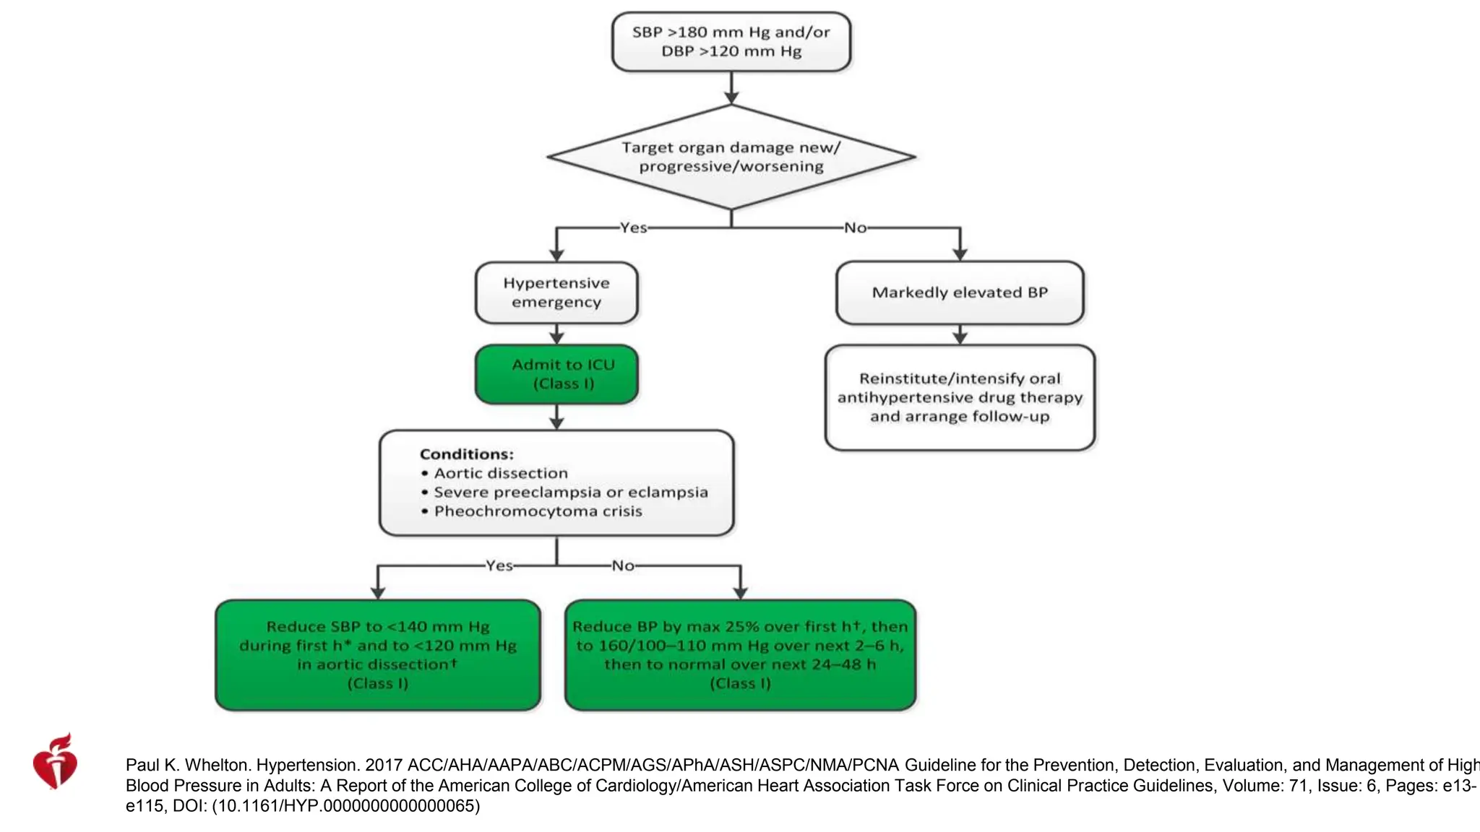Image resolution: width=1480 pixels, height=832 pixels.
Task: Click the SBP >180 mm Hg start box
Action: [731, 42]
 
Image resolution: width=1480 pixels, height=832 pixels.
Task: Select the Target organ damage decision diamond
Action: [731, 157]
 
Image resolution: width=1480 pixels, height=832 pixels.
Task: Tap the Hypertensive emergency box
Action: [556, 292]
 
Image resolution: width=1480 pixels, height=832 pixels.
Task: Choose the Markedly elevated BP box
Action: [959, 292]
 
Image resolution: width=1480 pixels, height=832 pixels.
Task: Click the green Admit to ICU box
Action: [556, 374]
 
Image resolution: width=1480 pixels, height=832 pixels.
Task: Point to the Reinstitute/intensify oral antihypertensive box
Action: [959, 397]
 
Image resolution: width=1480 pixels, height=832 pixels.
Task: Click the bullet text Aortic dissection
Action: [500, 473]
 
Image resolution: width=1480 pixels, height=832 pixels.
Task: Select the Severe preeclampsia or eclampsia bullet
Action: [570, 492]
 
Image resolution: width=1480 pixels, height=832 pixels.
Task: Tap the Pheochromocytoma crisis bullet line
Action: [538, 511]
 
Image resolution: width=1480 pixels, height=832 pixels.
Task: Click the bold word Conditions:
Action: [466, 454]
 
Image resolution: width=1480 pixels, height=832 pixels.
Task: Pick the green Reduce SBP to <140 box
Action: [378, 654]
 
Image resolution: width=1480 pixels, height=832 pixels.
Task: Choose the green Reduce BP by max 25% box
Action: [740, 654]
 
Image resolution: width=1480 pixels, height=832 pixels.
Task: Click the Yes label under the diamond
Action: [633, 227]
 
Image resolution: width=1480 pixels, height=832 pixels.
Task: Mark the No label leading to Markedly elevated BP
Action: [855, 227]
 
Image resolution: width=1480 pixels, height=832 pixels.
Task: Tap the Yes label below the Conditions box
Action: [499, 565]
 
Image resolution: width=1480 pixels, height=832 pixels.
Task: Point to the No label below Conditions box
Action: [623, 565]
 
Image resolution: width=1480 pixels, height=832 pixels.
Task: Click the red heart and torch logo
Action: [55, 762]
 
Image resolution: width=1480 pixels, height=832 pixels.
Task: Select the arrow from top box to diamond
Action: [731, 88]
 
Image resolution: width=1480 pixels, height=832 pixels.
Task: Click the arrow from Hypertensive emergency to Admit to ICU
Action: [556, 334]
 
